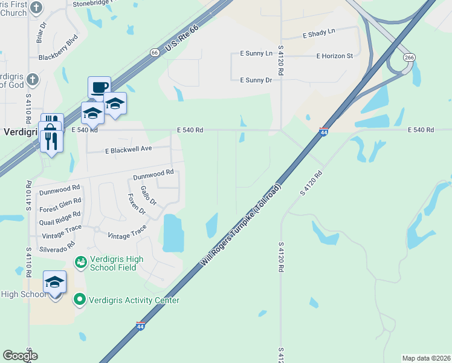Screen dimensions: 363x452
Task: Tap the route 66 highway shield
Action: point(155,53)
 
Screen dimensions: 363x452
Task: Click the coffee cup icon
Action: point(99,87)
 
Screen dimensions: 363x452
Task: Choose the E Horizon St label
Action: point(334,56)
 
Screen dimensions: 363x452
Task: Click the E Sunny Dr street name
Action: point(256,80)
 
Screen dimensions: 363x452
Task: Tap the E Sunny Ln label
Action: point(256,53)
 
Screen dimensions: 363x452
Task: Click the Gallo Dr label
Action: point(149,195)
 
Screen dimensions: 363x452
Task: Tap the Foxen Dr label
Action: point(137,204)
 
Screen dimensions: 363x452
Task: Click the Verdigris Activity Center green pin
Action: point(79,299)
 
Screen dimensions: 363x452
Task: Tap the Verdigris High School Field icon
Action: point(80,262)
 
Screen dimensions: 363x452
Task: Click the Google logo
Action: point(20,356)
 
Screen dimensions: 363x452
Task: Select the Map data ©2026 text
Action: point(426,358)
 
